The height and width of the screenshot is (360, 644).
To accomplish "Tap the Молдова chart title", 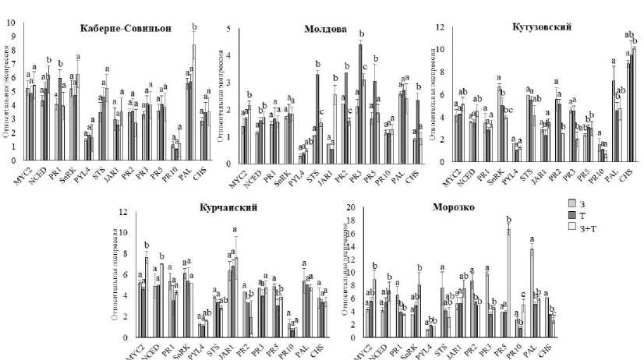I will pos(325,30).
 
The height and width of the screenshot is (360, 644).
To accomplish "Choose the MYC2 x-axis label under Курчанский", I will pos(135,351).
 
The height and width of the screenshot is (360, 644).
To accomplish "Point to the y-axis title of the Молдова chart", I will pos(219,97).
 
